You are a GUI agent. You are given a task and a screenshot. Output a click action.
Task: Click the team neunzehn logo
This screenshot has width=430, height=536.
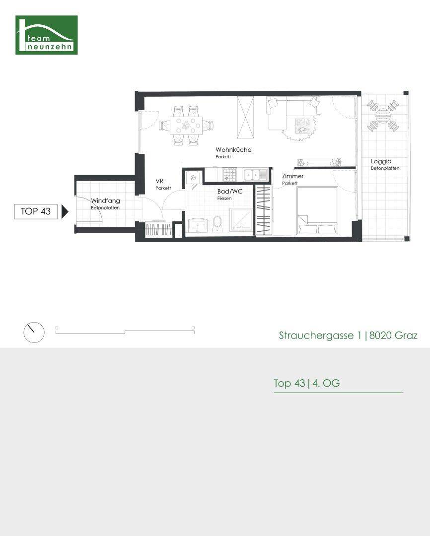click(x=47, y=35)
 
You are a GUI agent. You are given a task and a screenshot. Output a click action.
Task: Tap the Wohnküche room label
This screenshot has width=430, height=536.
click(x=233, y=150)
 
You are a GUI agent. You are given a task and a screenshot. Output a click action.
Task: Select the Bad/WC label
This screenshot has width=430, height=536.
click(x=229, y=192)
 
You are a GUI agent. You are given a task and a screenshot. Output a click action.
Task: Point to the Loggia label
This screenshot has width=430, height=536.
click(x=381, y=161)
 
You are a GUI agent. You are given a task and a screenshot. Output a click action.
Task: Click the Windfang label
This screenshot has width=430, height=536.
click(x=105, y=201)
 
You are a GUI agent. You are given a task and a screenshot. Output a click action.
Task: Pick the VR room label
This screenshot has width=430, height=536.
click(x=159, y=181)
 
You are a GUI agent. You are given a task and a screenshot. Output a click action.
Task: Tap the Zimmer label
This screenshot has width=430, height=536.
click(x=293, y=176)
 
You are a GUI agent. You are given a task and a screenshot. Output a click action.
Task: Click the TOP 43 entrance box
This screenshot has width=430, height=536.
click(x=36, y=211)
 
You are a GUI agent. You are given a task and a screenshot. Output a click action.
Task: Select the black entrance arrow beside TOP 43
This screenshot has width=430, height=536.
click(x=65, y=211)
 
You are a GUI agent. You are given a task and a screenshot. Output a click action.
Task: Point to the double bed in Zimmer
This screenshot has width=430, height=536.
click(x=317, y=210)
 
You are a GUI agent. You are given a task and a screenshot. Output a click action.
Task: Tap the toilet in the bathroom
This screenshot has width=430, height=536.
click(x=217, y=224)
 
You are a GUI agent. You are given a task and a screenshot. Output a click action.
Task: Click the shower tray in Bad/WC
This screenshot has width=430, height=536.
click(x=241, y=220)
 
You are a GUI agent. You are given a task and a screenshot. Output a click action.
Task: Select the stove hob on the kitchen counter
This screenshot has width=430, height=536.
click(x=229, y=175)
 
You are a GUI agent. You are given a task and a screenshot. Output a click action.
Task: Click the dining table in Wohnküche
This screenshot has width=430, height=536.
click(x=186, y=126)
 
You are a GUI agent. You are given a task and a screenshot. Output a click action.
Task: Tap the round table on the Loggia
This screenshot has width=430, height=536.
click(x=383, y=116)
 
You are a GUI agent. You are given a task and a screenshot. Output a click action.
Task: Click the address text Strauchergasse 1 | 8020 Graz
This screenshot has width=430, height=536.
click(x=348, y=335)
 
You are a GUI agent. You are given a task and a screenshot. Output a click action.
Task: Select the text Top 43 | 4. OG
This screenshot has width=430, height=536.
click(x=306, y=383)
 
